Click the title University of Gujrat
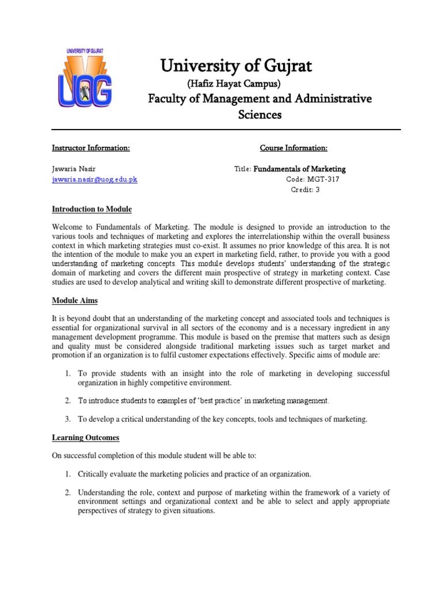click(236, 66)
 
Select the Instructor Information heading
click(91, 149)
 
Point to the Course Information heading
click(294, 149)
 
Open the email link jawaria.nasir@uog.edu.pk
click(95, 179)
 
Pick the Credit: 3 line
click(305, 190)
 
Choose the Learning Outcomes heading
click(86, 438)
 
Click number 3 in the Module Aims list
click(67, 419)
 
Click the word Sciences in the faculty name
click(260, 115)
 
